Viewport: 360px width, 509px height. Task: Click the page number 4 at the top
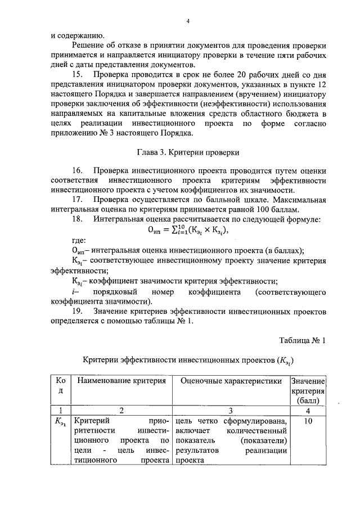pyautogui.click(x=188, y=21)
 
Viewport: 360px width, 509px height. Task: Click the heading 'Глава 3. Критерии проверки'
pyautogui.click(x=188, y=152)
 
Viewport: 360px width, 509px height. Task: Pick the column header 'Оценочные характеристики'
pyautogui.click(x=231, y=381)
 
